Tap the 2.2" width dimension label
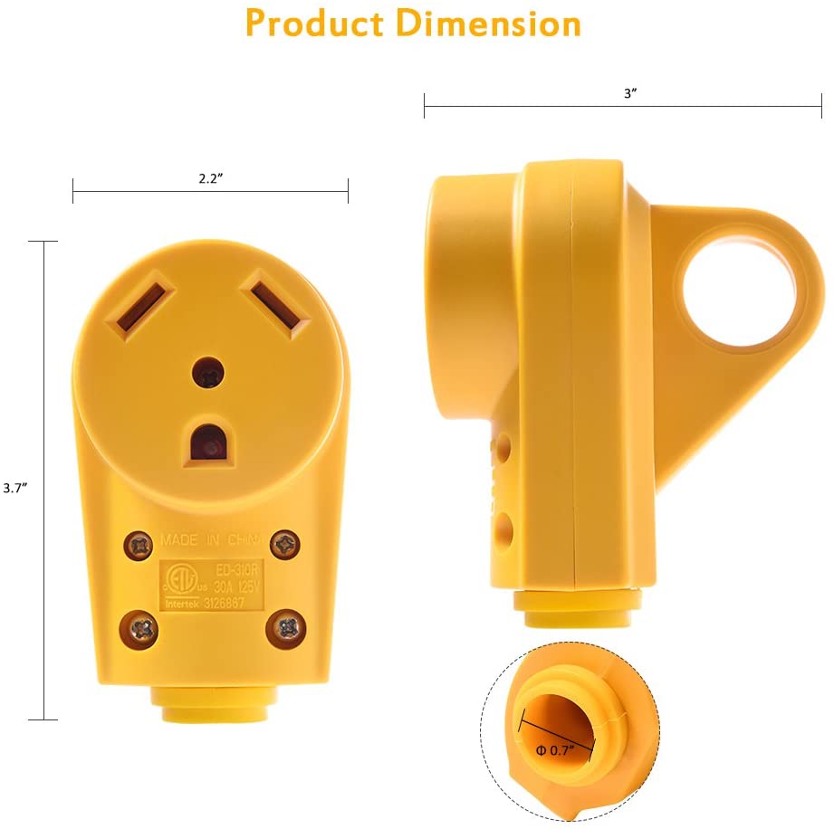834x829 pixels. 211,178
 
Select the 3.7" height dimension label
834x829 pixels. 14,487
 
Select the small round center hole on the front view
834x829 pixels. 210,374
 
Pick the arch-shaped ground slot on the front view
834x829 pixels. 211,443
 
